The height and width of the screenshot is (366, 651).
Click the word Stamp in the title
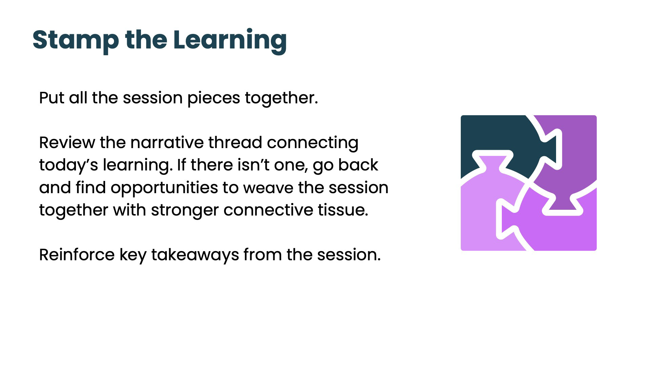tap(76, 40)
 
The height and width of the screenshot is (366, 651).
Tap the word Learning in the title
tap(230, 40)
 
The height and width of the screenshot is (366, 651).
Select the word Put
tap(52, 98)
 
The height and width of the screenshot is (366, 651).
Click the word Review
tap(67, 143)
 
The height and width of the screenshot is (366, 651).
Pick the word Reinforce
tap(77, 255)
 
